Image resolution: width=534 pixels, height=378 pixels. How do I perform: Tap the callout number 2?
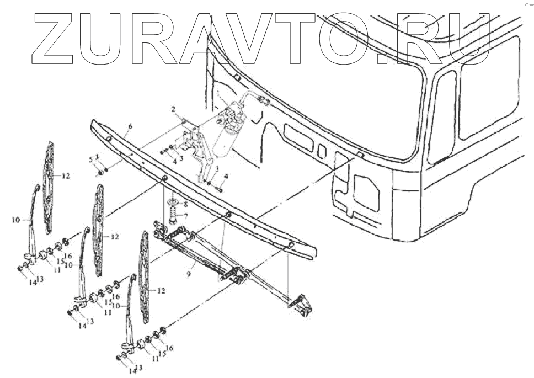[174, 110]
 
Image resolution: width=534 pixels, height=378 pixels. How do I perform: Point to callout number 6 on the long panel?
[130, 126]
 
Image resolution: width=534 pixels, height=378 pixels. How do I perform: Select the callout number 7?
[186, 215]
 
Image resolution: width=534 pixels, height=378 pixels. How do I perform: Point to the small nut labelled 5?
[101, 173]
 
